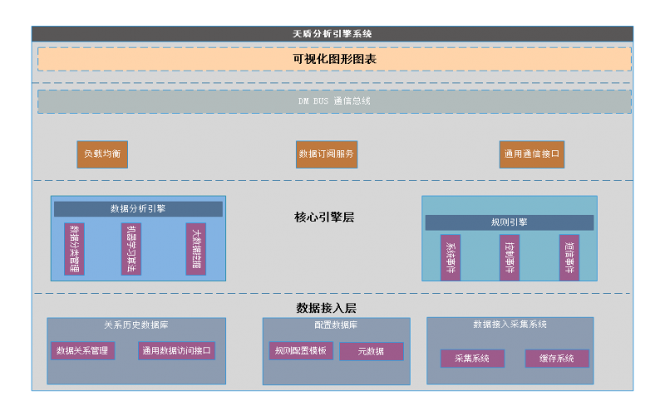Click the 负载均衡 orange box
pyautogui.click(x=102, y=154)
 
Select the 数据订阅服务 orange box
pyautogui.click(x=327, y=154)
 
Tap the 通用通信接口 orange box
pyautogui.click(x=532, y=154)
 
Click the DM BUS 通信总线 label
pyautogui.click(x=334, y=101)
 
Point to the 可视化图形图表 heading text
pyautogui.click(x=334, y=59)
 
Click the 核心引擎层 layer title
pyautogui.click(x=324, y=217)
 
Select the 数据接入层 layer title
pyautogui.click(x=326, y=308)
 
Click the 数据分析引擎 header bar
pyautogui.click(x=138, y=209)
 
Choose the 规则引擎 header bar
pyautogui.click(x=509, y=222)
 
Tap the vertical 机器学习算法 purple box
pyautogui.click(x=131, y=249)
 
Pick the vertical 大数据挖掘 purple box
pyautogui.click(x=195, y=249)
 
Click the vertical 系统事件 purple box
pyautogui.click(x=451, y=257)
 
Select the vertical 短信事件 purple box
pyautogui.click(x=569, y=257)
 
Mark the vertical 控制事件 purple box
pyautogui.click(x=510, y=257)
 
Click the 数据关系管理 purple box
pyautogui.click(x=82, y=351)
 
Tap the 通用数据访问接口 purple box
pyautogui.click(x=176, y=351)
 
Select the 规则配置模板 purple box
pyautogui.click(x=301, y=351)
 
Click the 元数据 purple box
pyautogui.click(x=372, y=352)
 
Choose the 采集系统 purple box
pyautogui.click(x=472, y=359)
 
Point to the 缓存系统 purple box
pyautogui.click(x=557, y=359)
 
